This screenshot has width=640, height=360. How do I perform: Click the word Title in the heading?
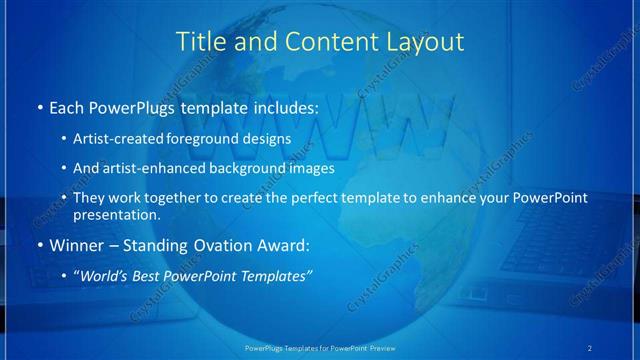tap(200, 42)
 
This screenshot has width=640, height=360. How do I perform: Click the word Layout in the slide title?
tap(427, 42)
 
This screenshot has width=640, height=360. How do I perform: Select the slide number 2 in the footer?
tap(590, 347)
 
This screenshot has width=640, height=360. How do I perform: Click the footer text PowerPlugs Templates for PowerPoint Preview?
tap(319, 347)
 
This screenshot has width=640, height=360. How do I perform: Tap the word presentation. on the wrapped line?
tap(116, 214)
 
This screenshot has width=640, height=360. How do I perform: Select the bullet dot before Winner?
tap(38, 245)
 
